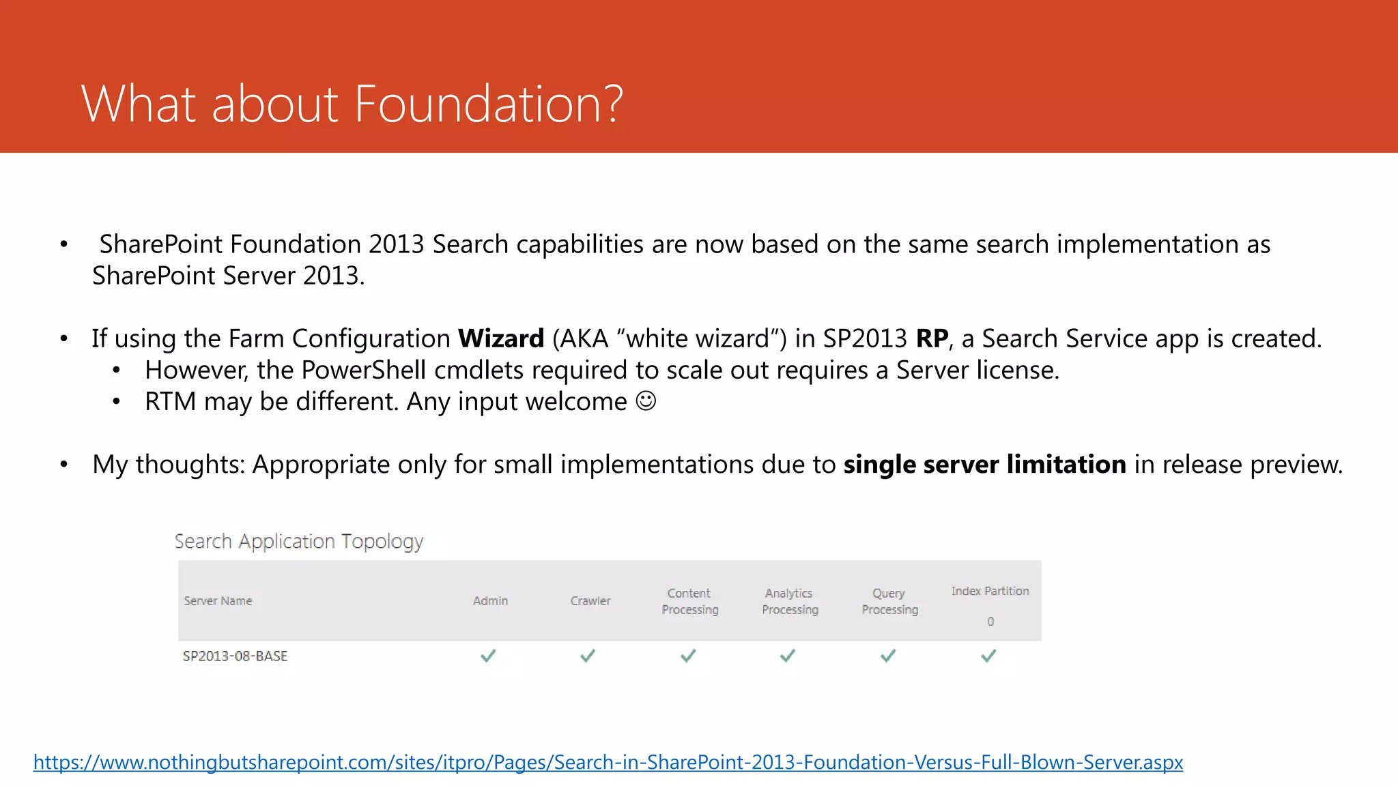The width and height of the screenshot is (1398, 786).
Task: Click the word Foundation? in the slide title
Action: point(488,104)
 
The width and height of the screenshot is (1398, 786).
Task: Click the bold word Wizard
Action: point(500,338)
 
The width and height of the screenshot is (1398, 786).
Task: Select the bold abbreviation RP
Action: point(932,338)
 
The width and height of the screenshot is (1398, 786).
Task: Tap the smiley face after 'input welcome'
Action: point(646,401)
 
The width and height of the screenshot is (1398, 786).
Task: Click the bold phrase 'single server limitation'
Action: point(984,465)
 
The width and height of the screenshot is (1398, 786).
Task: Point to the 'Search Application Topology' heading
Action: point(299,541)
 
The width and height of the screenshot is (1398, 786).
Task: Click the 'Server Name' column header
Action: point(218,601)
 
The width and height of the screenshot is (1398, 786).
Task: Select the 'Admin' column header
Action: point(490,601)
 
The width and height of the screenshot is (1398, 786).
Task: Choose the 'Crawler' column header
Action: point(590,601)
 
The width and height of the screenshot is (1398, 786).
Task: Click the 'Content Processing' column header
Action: point(689,601)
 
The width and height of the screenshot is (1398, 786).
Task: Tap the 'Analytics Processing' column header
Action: point(790,601)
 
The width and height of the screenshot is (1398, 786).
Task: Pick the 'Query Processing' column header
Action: point(889,601)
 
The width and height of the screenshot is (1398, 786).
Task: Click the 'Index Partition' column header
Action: point(990,591)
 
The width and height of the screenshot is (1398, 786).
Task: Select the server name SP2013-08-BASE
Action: point(235,656)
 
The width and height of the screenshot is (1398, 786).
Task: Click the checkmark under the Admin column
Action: point(488,656)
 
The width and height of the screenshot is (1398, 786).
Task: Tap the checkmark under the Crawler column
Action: point(588,656)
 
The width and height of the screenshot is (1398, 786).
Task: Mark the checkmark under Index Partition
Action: point(988,656)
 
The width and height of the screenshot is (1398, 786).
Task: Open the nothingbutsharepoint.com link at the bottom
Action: point(608,762)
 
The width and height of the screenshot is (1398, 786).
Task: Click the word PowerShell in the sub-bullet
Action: point(364,370)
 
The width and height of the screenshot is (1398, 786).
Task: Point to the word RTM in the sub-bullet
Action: point(170,401)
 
